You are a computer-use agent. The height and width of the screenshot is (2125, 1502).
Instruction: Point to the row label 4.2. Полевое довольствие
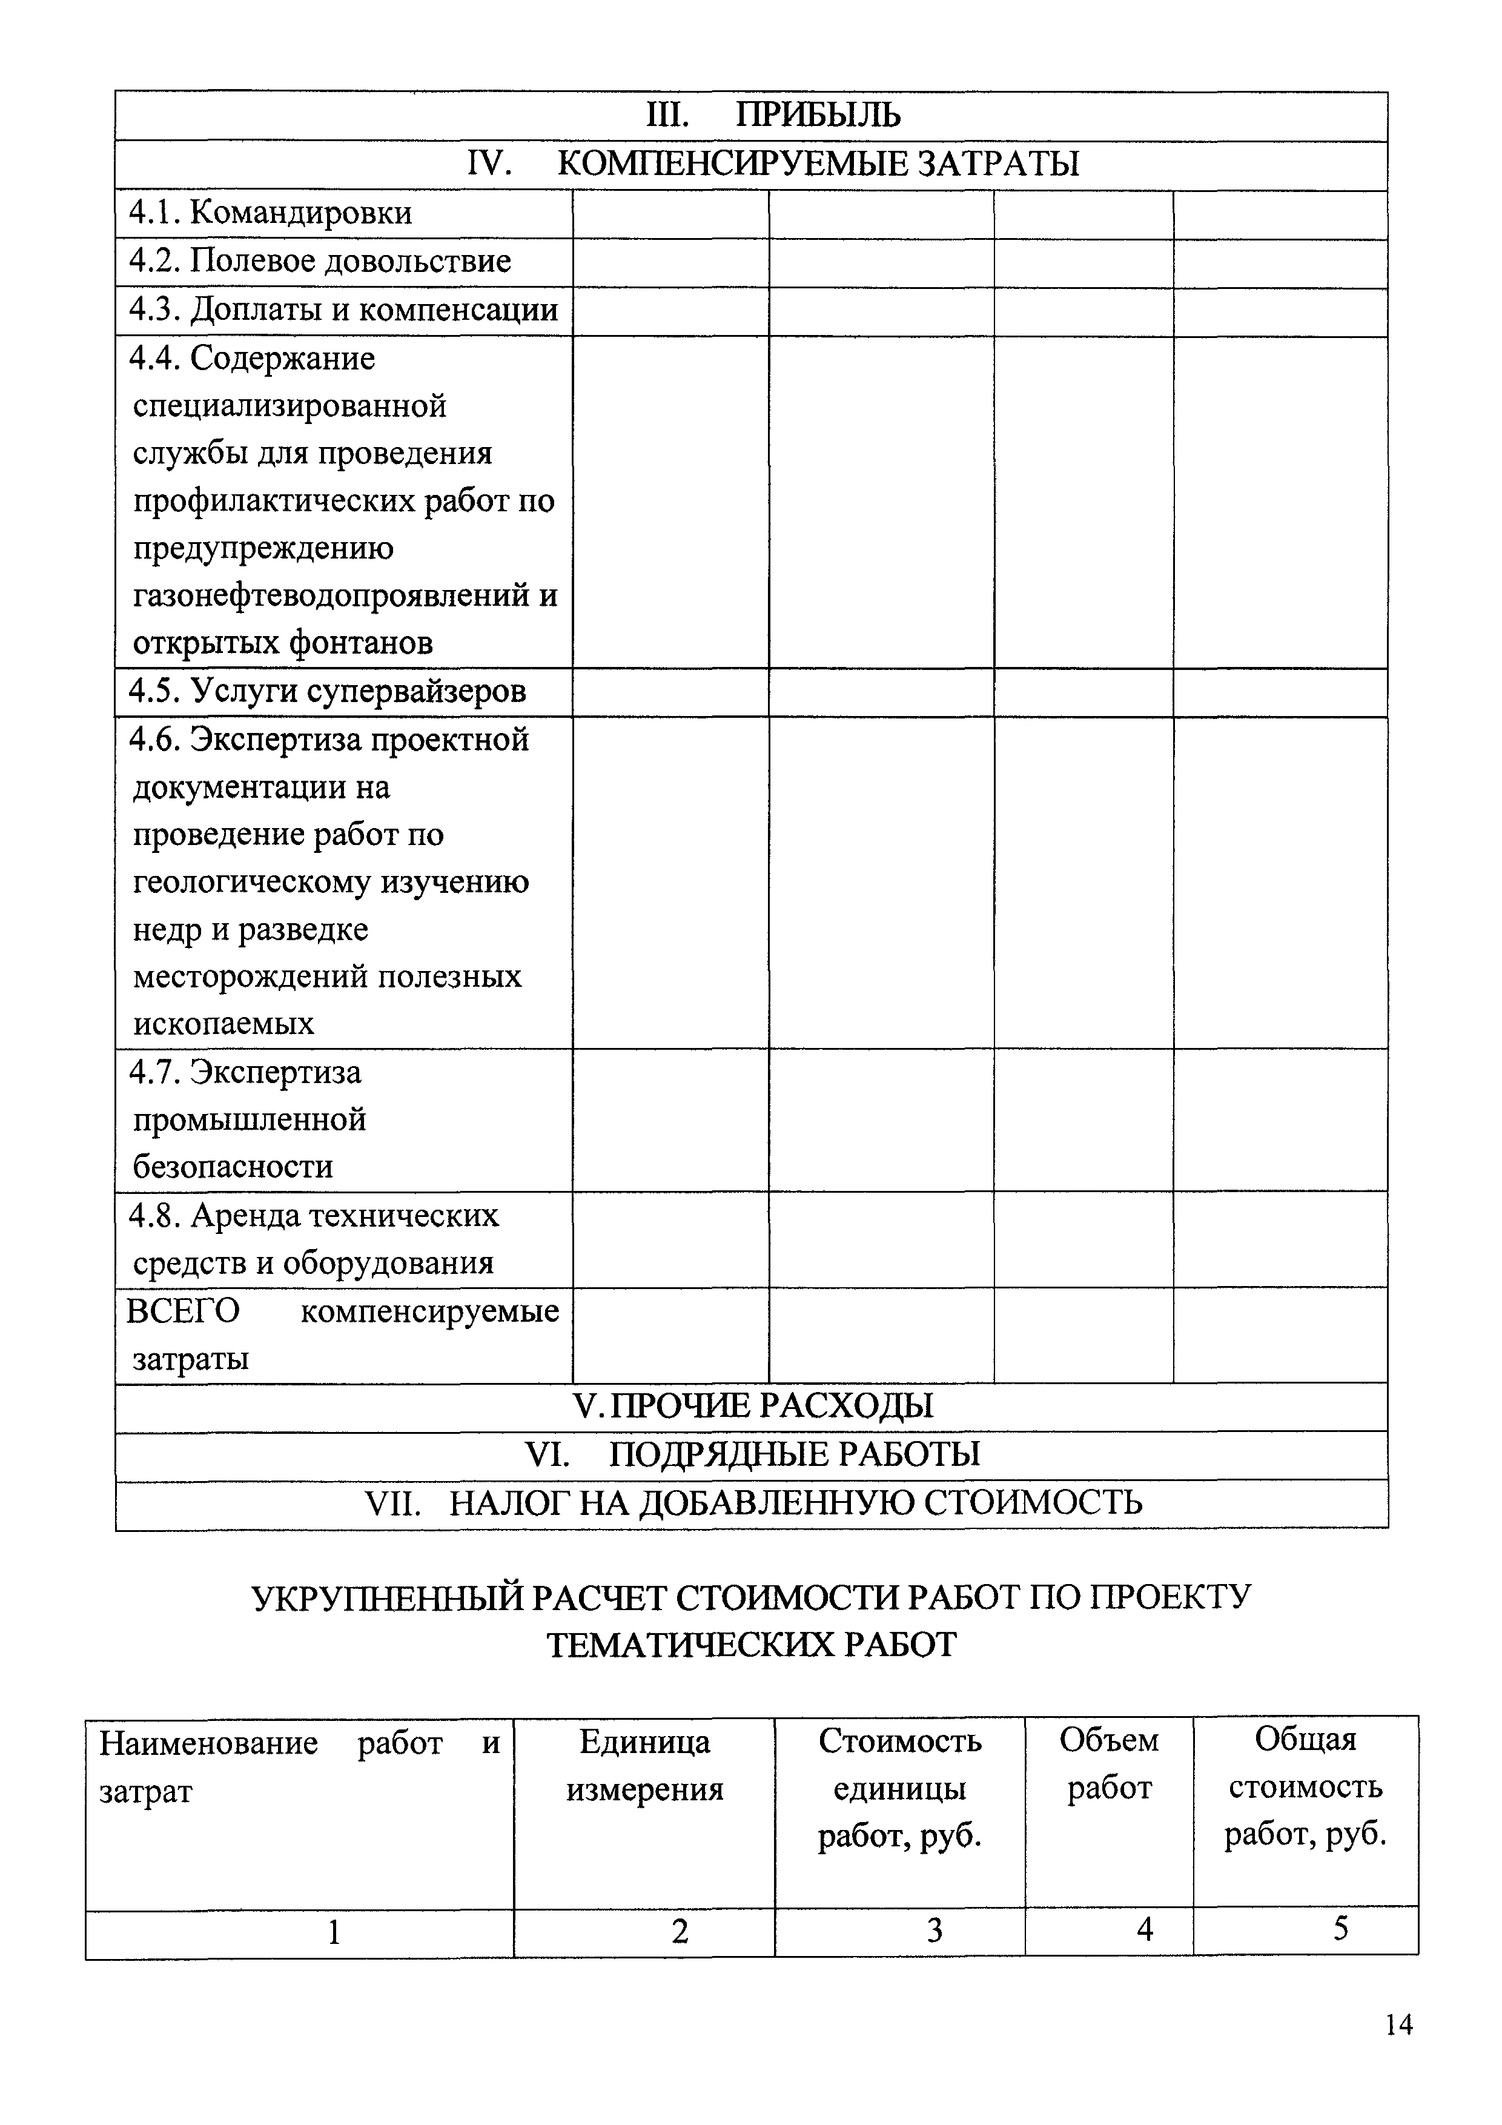point(319,262)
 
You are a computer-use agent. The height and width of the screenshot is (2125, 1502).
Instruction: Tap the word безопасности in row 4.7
point(233,1166)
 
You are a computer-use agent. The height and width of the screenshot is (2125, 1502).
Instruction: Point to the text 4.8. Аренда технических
point(314,1215)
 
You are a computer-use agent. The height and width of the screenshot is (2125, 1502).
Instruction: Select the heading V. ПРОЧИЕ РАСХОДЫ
point(752,1406)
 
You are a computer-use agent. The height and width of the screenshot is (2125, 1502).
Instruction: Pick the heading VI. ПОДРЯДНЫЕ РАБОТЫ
point(752,1454)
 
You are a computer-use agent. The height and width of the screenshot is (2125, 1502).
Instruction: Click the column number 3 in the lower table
point(935,1931)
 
